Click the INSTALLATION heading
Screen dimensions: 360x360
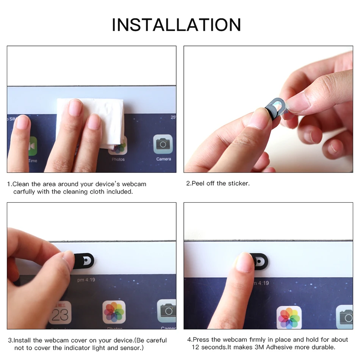click(x=176, y=25)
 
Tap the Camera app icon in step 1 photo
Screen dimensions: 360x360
click(x=163, y=144)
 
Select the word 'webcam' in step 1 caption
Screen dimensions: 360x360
click(x=134, y=184)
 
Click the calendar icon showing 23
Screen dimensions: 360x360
click(x=60, y=313)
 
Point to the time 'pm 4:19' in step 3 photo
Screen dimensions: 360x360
click(x=86, y=280)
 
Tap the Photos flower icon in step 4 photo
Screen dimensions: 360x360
click(x=289, y=317)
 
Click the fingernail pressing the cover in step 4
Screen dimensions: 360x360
click(x=244, y=262)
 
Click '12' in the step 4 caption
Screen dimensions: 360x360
click(x=196, y=347)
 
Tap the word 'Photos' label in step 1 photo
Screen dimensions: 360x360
click(x=118, y=160)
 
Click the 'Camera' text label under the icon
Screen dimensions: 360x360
click(x=163, y=159)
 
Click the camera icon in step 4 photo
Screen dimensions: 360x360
click(x=346, y=316)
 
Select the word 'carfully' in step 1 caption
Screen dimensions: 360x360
click(x=25, y=192)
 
